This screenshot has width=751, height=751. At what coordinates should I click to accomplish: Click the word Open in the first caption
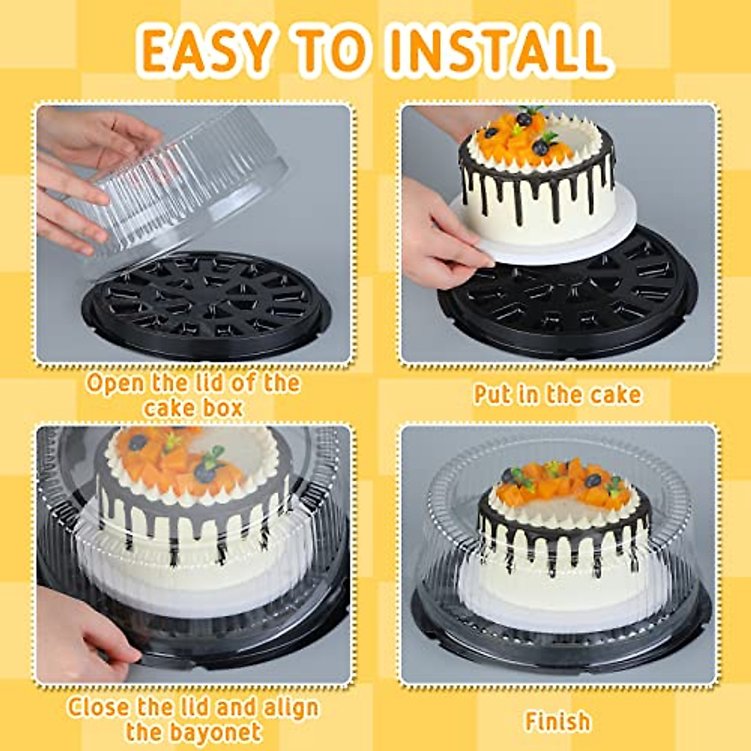115,383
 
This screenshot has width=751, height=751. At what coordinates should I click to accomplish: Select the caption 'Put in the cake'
557,395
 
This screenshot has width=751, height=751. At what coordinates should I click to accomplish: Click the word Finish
557,721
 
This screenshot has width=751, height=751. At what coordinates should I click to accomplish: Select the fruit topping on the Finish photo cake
560,482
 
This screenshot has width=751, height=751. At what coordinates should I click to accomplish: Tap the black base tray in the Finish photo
563,645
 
